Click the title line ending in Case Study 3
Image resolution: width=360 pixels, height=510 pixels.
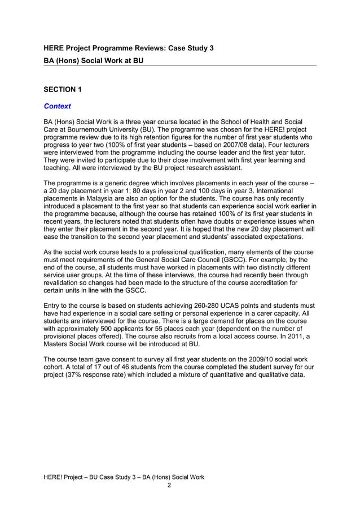click(x=129, y=49)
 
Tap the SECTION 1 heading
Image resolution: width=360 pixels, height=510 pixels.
click(x=63, y=89)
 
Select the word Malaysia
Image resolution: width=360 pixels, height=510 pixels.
click(x=103, y=199)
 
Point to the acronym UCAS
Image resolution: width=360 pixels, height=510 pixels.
click(x=222, y=306)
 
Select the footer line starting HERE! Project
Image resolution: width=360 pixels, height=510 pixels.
click(x=124, y=477)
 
